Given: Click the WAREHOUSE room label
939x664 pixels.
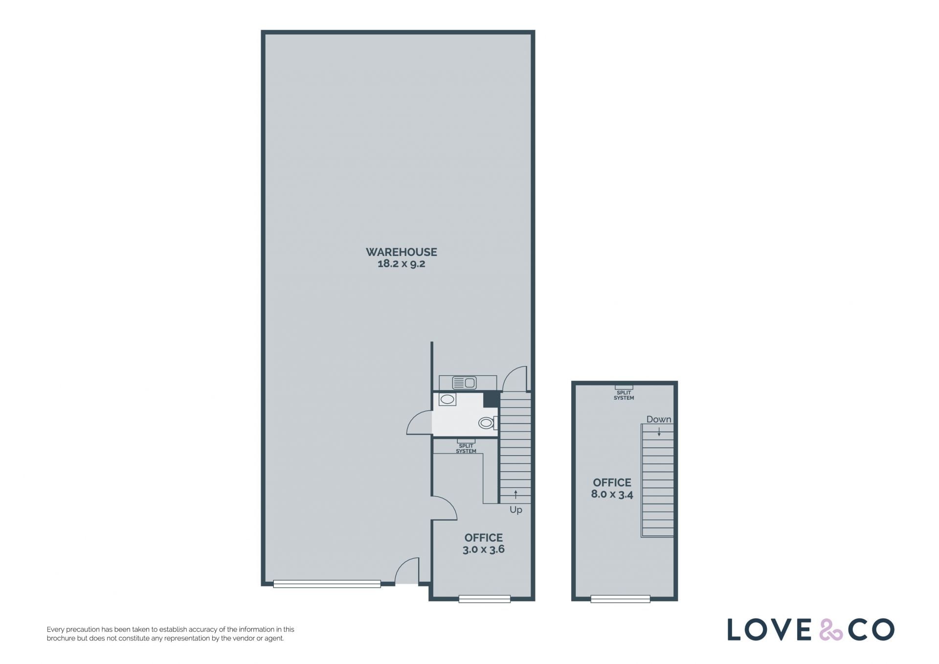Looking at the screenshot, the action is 402,252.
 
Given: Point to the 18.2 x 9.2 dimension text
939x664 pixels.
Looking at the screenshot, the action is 402,264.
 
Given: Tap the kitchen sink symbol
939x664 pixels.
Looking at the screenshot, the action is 464,382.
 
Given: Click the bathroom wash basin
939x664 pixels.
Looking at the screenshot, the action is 447,399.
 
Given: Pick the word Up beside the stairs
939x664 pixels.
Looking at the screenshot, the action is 516,510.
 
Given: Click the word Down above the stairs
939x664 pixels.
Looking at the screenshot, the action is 659,419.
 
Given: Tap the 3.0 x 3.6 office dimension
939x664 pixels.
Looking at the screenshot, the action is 484,549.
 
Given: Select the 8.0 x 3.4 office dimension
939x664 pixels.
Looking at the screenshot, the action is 612,494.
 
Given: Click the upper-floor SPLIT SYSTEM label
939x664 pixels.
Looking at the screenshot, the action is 624,395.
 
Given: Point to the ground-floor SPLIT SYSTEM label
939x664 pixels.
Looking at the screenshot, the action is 466,448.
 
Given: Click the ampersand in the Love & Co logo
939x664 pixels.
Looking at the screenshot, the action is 831,630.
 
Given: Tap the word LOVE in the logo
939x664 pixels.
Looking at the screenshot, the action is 770,630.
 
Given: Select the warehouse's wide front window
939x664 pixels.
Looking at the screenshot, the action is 327,584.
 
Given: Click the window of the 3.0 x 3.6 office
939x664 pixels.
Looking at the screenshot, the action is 485,599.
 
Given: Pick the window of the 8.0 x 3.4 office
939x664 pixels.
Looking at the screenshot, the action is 620,599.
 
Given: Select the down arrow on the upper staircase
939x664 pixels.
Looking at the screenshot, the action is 659,432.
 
